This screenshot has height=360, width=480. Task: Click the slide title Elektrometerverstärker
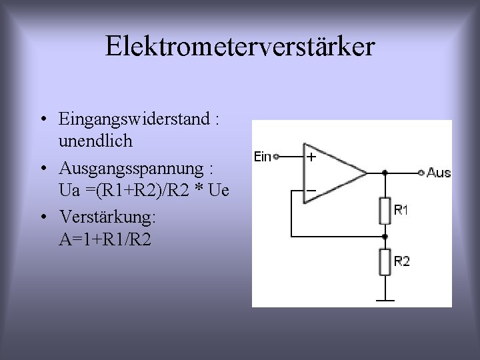coord(240,47)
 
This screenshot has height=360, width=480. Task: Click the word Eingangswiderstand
coord(134,120)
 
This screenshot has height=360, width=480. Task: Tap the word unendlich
coord(95,141)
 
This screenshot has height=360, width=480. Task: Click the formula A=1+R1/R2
coord(105,239)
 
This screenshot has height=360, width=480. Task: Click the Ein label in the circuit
coord(263,157)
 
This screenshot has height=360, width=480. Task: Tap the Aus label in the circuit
coord(439,173)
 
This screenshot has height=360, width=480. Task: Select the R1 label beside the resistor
coord(401,210)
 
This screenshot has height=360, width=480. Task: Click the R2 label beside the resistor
coord(401,261)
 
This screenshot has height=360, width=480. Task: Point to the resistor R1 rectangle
coord(385,211)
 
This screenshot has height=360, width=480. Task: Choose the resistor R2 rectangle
coord(385,261)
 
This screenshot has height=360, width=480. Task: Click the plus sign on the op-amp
coord(311,158)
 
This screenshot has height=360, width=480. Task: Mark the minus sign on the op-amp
coord(311,190)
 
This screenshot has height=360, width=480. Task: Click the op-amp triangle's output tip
coord(366,173)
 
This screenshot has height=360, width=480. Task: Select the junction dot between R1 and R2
coord(385,236)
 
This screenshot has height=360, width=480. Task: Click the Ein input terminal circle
coord(275,157)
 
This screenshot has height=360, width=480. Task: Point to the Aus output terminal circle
coord(421,173)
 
